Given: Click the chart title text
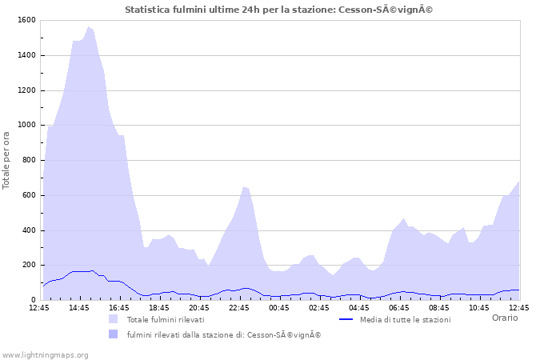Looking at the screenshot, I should click(x=279, y=10).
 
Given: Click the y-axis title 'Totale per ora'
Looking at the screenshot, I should click(x=6, y=161).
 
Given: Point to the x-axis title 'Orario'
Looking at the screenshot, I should click(x=504, y=318).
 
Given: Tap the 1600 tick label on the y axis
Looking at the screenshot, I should click(x=25, y=20).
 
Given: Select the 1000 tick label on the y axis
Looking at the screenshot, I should click(x=25, y=126).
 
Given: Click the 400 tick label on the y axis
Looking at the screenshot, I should click(x=27, y=230).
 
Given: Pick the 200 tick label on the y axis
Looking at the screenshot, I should click(x=27, y=266).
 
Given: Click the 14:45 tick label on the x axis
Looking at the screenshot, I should click(x=79, y=307).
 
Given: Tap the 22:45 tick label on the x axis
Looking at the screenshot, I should click(x=239, y=307).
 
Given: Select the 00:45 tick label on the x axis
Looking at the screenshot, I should click(x=279, y=307).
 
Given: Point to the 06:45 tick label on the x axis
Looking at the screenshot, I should click(x=399, y=307).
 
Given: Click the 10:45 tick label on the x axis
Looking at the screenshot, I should click(x=479, y=307).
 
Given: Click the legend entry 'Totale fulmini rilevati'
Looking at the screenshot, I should click(x=165, y=320).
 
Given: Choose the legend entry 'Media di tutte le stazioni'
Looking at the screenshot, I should click(x=405, y=320).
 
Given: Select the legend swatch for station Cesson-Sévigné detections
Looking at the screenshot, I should click(x=113, y=334).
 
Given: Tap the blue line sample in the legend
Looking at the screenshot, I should click(x=346, y=319).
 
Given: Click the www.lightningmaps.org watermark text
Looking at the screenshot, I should click(x=45, y=354).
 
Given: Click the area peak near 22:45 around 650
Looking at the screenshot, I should click(x=244, y=186).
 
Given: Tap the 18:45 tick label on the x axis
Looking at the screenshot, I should click(x=159, y=307).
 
